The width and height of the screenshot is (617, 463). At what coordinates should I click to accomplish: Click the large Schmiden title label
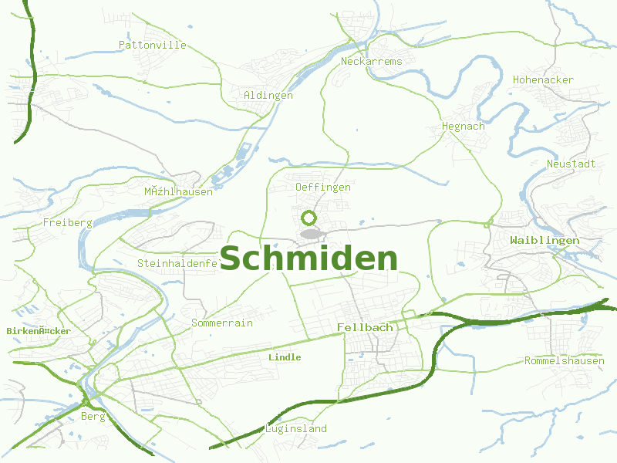coord(308,259)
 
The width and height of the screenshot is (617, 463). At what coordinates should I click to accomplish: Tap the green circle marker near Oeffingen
coord(309,218)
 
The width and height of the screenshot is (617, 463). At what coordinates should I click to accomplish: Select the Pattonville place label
coord(153,46)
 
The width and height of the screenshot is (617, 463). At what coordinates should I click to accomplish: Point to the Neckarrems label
coord(371,61)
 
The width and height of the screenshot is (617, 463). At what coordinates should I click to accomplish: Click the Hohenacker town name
coord(543,80)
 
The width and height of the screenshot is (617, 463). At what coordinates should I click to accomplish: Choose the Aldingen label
coord(268,96)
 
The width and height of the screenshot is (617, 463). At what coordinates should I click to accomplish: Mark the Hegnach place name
coord(463,127)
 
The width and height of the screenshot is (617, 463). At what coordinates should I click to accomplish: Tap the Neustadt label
coord(571,164)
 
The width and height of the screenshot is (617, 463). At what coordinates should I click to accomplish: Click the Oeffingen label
coord(323,188)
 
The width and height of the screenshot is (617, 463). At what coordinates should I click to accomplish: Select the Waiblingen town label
coord(545,241)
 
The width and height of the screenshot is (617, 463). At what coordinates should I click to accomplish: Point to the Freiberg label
coord(68,223)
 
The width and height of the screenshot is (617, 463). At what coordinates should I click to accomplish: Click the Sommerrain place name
coord(222,323)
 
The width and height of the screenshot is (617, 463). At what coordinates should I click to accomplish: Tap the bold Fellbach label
coord(365,328)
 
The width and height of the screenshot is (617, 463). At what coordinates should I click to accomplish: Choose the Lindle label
coord(285,358)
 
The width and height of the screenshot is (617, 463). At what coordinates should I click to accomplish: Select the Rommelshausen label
coord(564,361)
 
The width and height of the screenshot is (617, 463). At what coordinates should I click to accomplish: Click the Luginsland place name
coord(296,429)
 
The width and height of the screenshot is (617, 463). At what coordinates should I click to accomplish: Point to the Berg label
coord(93,417)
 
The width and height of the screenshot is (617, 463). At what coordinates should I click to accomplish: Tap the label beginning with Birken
coord(39,331)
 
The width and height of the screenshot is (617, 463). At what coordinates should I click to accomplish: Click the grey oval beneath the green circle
coord(310,233)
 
